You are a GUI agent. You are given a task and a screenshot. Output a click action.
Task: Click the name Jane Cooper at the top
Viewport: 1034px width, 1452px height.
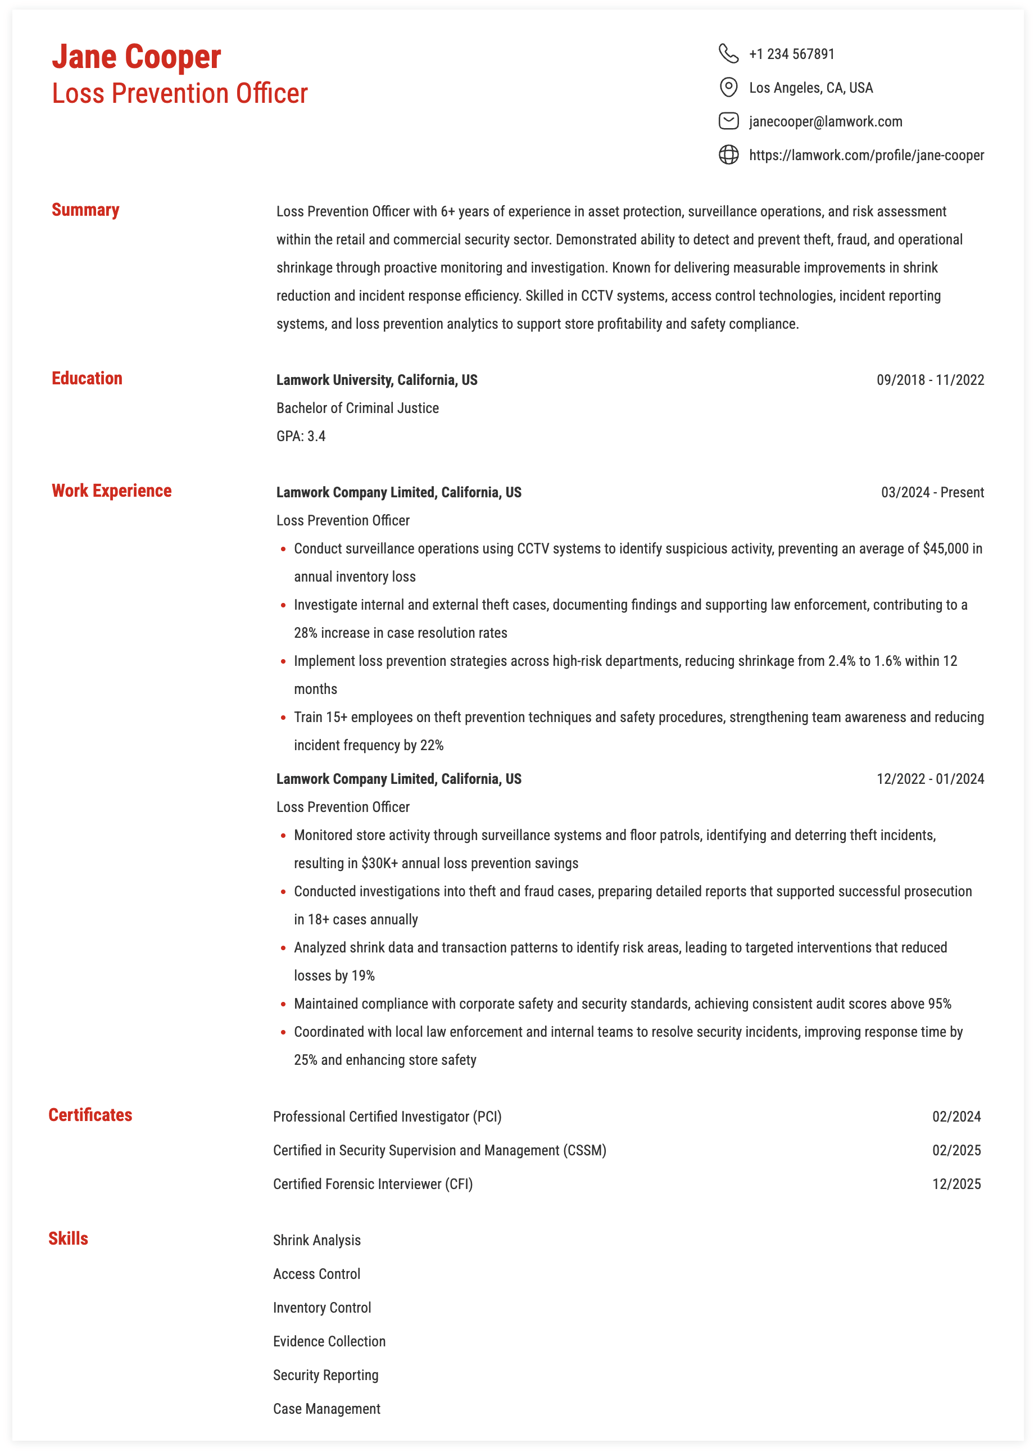(x=136, y=57)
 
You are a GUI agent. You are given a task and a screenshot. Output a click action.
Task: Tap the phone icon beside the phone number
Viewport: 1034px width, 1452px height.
(x=728, y=53)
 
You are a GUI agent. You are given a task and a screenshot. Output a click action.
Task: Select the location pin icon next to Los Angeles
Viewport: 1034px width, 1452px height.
(x=728, y=87)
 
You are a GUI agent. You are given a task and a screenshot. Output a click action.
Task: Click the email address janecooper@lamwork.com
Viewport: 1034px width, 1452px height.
(x=825, y=121)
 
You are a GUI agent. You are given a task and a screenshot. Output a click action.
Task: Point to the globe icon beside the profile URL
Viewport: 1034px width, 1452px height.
(x=728, y=155)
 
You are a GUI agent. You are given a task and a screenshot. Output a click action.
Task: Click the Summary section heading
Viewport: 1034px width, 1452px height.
(x=85, y=210)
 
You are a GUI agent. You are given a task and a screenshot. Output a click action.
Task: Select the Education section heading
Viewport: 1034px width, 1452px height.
(x=87, y=379)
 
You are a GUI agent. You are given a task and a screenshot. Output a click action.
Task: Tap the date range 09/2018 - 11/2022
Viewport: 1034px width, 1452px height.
(x=929, y=380)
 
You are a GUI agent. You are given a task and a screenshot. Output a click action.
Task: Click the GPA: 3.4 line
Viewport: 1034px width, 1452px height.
(x=301, y=436)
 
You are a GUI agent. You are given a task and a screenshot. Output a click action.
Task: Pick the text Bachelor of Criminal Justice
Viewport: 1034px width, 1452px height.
(x=357, y=408)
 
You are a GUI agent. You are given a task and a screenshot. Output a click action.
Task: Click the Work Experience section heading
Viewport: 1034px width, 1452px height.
(x=111, y=491)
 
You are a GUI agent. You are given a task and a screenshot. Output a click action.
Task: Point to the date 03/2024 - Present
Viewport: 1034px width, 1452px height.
(x=932, y=493)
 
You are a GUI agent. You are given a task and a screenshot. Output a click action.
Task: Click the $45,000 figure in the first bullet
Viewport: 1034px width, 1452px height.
(x=946, y=549)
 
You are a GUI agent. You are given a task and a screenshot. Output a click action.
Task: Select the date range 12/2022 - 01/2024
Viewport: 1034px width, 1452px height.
(x=929, y=779)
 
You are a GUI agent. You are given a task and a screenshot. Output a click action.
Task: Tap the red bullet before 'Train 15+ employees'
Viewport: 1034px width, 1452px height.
(x=283, y=718)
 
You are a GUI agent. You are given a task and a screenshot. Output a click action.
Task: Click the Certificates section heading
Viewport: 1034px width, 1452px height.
(x=90, y=1115)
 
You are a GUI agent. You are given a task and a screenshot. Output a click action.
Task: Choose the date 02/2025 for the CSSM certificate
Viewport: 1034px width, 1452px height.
(x=956, y=1150)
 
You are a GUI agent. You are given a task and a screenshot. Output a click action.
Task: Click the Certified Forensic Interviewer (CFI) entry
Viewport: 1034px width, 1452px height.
(x=373, y=1184)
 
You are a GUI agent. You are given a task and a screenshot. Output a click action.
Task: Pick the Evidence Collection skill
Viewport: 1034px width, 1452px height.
(x=329, y=1341)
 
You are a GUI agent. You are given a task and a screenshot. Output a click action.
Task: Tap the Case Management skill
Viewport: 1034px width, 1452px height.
(x=326, y=1409)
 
